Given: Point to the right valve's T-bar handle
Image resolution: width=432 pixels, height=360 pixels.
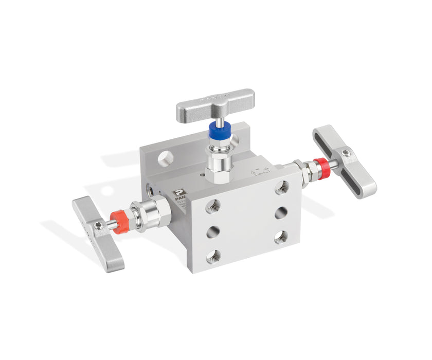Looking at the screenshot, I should (x=344, y=160).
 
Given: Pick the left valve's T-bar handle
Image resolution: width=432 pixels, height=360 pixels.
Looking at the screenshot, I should (x=98, y=233).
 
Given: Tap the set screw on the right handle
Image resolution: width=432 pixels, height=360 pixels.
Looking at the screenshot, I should (x=347, y=152).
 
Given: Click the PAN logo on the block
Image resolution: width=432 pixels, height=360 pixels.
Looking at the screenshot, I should (x=178, y=194).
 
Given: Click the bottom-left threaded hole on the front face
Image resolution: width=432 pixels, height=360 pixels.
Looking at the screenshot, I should (x=214, y=256).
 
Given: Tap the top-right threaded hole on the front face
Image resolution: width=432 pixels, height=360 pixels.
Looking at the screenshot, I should (x=281, y=188).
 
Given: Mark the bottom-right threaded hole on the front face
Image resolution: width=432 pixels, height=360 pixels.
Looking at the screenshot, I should (x=281, y=237).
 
